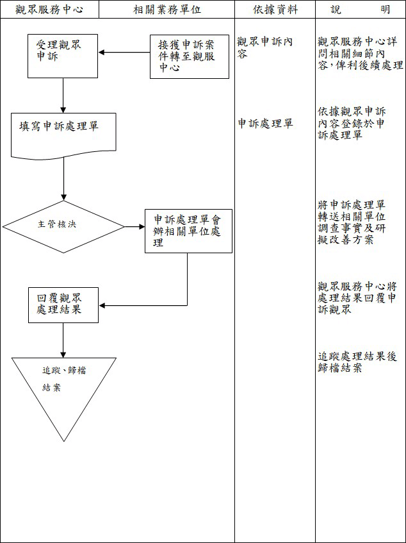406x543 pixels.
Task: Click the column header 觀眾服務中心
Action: tap(49, 10)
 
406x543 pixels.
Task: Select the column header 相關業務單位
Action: tap(166, 10)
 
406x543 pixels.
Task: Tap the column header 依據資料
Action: tap(275, 10)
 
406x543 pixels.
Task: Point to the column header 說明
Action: tap(361, 10)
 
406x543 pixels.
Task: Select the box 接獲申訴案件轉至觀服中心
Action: tap(189, 56)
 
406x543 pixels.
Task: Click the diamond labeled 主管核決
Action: tap(63, 226)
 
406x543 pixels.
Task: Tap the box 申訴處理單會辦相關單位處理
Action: tap(188, 231)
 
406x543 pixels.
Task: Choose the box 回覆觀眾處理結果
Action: tap(63, 305)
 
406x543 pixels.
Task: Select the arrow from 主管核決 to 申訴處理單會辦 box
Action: tap(134, 226)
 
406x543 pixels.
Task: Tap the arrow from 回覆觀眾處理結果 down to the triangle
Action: tap(63, 340)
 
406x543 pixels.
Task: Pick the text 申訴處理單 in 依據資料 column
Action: tap(265, 124)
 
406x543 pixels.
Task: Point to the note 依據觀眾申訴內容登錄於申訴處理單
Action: tap(352, 122)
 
